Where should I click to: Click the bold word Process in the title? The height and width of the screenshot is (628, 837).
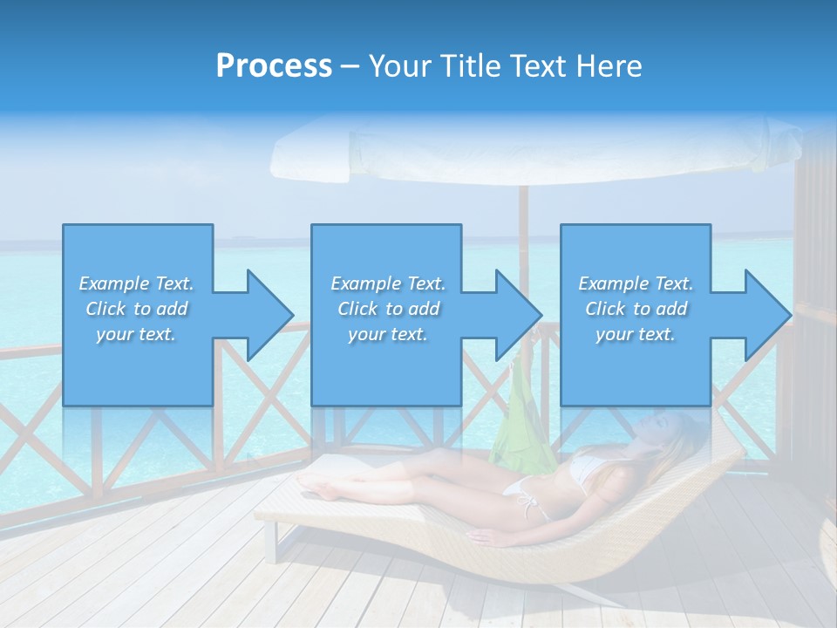pyautogui.click(x=274, y=66)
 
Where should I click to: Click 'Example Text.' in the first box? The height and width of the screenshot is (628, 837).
pyautogui.click(x=137, y=283)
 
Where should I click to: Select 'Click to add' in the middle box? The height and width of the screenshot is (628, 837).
pyautogui.click(x=388, y=309)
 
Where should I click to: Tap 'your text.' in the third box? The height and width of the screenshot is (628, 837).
pyautogui.click(x=636, y=334)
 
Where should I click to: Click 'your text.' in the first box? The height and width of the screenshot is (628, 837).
pyautogui.click(x=136, y=334)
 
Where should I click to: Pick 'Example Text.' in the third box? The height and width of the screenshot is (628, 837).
pyautogui.click(x=636, y=283)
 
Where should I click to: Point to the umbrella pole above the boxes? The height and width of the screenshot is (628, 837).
pyautogui.click(x=523, y=206)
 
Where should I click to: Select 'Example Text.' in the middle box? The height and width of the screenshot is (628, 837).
pyautogui.click(x=388, y=283)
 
